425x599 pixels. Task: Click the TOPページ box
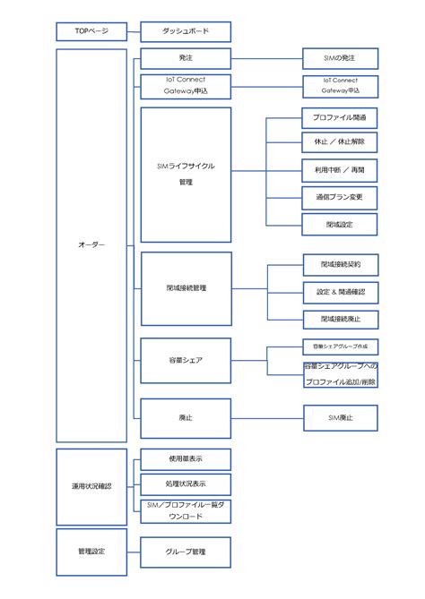(91, 31)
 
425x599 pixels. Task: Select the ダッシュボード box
(186, 31)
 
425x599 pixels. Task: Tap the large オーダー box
(91, 245)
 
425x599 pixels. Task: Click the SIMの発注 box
(340, 59)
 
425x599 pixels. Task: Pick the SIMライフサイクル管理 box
(186, 175)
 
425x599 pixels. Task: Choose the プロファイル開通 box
(340, 118)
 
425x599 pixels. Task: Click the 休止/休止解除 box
(340, 143)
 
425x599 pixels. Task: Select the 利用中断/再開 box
(340, 170)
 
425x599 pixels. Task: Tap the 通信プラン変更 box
(340, 198)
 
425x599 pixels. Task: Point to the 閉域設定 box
(340, 224)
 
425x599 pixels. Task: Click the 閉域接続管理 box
(186, 288)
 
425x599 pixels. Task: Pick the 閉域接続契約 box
(340, 265)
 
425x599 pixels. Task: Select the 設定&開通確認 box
(340, 292)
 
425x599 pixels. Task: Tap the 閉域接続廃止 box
(340, 319)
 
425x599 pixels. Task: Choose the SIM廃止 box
(340, 417)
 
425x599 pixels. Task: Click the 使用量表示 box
(186, 459)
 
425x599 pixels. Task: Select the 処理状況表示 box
(186, 484)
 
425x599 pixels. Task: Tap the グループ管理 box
(186, 552)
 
